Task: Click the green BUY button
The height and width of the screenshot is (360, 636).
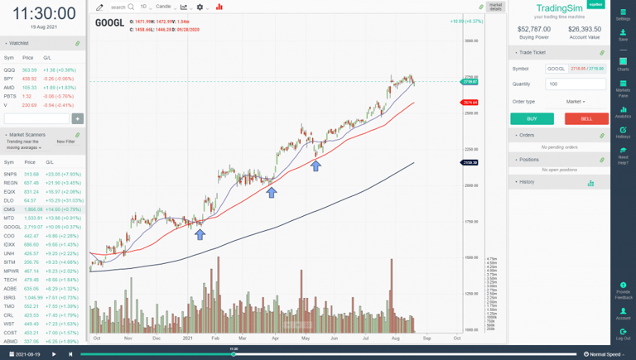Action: (532, 119)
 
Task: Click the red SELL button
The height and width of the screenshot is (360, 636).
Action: (586, 119)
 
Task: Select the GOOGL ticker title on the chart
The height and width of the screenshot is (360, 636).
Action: (109, 22)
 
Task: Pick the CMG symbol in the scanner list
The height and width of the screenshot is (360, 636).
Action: (9, 209)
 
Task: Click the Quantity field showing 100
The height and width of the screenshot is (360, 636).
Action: (576, 84)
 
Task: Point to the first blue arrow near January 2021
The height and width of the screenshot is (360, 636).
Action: (200, 234)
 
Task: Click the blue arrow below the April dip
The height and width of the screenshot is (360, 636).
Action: (272, 193)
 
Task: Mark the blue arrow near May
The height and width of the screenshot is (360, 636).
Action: (316, 166)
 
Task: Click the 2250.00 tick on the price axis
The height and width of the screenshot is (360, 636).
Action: (471, 149)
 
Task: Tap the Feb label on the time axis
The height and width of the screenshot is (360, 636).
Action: (214, 338)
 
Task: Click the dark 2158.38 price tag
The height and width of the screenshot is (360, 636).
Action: (470, 163)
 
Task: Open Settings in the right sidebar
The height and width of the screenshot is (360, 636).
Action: (623, 13)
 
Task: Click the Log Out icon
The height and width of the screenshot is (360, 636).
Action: (623, 334)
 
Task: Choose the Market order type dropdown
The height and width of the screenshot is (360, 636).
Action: (576, 102)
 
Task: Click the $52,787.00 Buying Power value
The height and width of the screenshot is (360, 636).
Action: (533, 29)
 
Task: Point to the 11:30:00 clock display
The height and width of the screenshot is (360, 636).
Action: (44, 13)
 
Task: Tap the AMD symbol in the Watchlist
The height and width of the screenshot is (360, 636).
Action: (9, 88)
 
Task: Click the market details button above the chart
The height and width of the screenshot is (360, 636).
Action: (495, 7)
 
